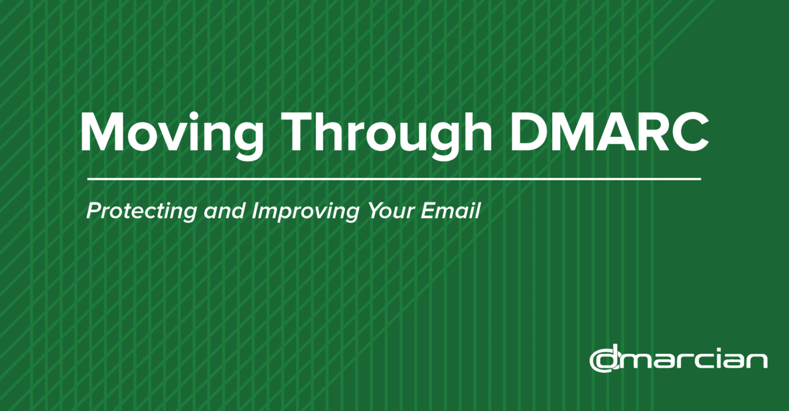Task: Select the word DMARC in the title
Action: (x=610, y=132)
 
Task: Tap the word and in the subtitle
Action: (x=224, y=211)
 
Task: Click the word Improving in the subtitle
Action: (x=306, y=211)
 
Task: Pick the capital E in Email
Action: (x=429, y=210)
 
